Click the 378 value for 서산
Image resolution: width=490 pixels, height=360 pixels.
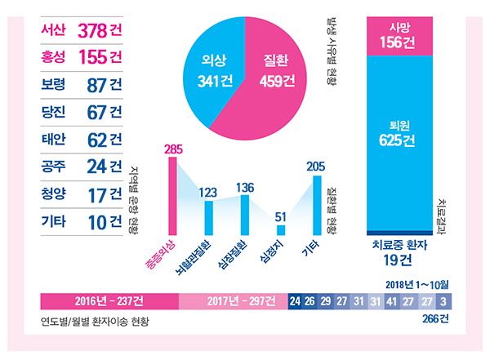coord(91,31)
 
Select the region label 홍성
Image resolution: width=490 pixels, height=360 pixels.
coord(55,57)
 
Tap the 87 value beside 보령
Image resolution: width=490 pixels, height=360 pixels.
coord(97,84)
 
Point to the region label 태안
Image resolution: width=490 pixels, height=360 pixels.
coord(55,139)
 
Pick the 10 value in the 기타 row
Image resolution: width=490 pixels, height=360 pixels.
coord(97,221)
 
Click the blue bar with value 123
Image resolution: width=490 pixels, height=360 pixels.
coord(208,217)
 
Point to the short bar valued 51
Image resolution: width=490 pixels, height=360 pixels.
coord(280,229)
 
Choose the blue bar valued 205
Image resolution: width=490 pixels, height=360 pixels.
coord(316,204)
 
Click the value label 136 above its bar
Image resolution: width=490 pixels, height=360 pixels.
coord(244,188)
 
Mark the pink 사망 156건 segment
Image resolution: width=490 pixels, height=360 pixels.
coord(401,36)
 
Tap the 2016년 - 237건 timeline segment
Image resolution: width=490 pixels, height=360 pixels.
coord(109,300)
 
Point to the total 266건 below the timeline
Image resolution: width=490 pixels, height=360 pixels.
coord(437,320)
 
